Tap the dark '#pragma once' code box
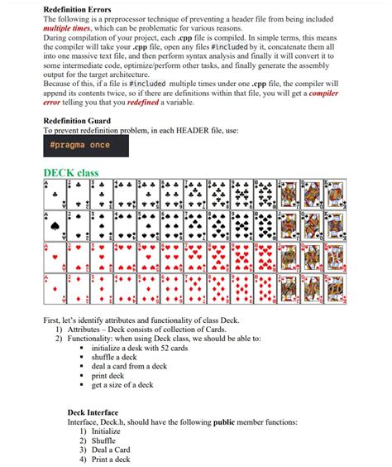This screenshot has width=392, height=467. click(79, 145)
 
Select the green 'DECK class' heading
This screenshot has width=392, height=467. click(70, 173)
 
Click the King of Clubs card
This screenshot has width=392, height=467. click(335, 194)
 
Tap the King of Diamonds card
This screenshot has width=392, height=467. click(335, 289)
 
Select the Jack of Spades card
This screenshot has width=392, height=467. click(289, 225)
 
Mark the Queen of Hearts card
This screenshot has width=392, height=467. click(312, 257)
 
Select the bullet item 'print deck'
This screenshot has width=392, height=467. click(112, 375)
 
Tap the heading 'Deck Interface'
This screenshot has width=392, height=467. click(93, 412)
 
